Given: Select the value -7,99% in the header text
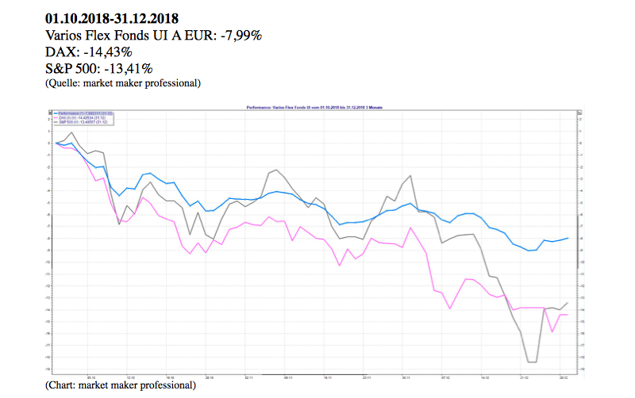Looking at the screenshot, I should click(x=238, y=35).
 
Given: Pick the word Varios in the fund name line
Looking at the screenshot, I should click(x=66, y=35).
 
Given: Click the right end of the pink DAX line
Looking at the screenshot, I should click(x=566, y=315).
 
